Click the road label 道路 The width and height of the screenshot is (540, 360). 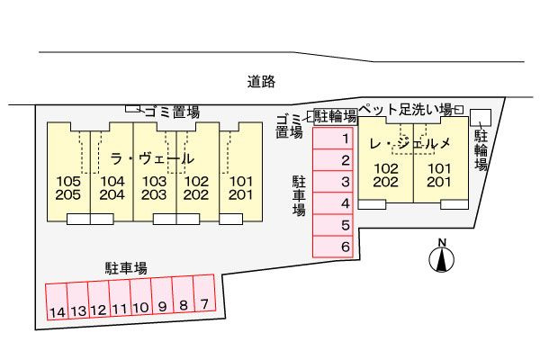(x=261, y=82)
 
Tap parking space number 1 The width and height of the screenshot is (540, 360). (x=333, y=139)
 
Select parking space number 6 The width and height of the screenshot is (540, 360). (x=333, y=247)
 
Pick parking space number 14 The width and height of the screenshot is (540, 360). (x=57, y=301)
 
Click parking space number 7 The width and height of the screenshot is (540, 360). (x=204, y=292)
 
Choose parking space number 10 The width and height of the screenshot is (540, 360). (x=141, y=297)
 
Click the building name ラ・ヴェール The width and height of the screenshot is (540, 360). (x=152, y=158)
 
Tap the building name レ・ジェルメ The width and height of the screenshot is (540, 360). (x=409, y=143)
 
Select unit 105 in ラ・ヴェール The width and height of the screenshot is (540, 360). (x=68, y=181)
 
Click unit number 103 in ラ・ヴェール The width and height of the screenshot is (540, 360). (x=154, y=181)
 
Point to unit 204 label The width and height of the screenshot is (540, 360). (x=112, y=195)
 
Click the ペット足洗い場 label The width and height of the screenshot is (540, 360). (x=406, y=110)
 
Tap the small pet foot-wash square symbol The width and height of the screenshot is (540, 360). (x=459, y=110)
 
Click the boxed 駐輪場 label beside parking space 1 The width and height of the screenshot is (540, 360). (x=336, y=116)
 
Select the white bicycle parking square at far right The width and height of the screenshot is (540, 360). (x=481, y=118)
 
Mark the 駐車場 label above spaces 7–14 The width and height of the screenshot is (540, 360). (x=126, y=268)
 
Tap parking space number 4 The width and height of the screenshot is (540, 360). (x=333, y=203)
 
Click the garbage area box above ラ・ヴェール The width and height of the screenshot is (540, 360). (x=132, y=109)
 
